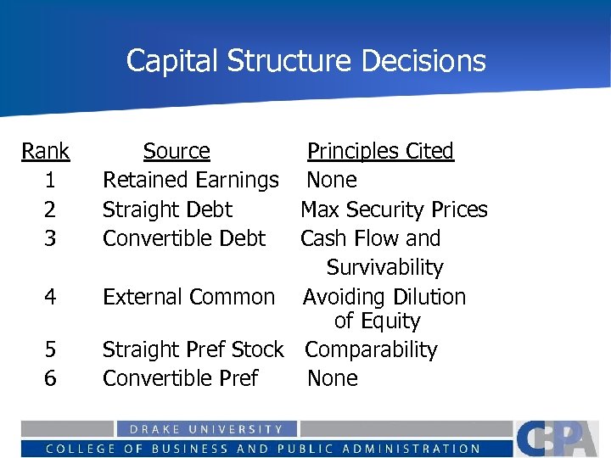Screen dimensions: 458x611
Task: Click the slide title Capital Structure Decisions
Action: [305, 61]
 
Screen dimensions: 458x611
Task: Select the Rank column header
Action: [46, 152]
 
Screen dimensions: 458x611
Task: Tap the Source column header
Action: [177, 152]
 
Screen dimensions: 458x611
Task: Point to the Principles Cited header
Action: [380, 152]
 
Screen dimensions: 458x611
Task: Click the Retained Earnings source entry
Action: [190, 181]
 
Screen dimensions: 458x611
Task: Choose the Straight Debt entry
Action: [167, 209]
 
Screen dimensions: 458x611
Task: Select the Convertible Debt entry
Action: [184, 238]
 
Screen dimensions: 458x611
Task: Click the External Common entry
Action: [188, 297]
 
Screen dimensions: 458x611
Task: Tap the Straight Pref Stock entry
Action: [193, 349]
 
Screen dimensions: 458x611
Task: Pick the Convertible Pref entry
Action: [180, 378]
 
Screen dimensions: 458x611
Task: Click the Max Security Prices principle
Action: [394, 209]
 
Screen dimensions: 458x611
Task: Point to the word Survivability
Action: [384, 268]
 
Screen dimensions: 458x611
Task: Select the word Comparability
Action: [371, 349]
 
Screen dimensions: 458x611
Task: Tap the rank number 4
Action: [50, 297]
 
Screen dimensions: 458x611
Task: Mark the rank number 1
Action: [50, 181]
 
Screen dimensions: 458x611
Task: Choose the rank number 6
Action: [50, 378]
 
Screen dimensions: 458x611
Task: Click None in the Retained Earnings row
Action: [332, 181]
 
